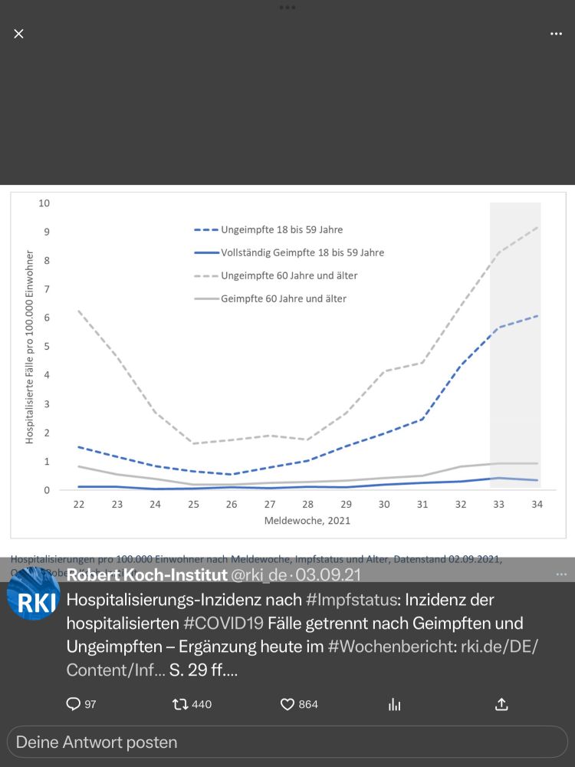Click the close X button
tap(19, 34)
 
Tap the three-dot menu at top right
tap(556, 34)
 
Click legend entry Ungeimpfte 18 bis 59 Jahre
tap(281, 229)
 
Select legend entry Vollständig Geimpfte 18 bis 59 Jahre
tap(302, 252)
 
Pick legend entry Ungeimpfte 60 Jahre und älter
tap(289, 275)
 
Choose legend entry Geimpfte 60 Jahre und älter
tap(284, 298)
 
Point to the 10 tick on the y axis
tap(44, 203)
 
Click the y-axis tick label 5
tap(47, 347)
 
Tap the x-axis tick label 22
tap(78, 505)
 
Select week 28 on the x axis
tap(308, 505)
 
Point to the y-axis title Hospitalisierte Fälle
tap(30, 347)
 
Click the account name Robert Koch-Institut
tap(146, 574)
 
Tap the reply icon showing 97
tap(74, 704)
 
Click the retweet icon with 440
tap(181, 704)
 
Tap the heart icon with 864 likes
tap(287, 704)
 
